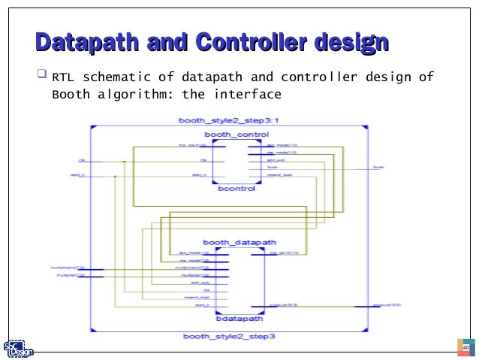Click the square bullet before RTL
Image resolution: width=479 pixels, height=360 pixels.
coord(41,76)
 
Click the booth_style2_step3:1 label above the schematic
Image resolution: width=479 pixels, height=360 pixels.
coord(229,121)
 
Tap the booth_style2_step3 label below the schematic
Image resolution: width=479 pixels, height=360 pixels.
coord(229,336)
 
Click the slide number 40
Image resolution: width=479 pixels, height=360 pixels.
coord(465,347)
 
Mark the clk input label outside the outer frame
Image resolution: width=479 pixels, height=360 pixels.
coord(80,160)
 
